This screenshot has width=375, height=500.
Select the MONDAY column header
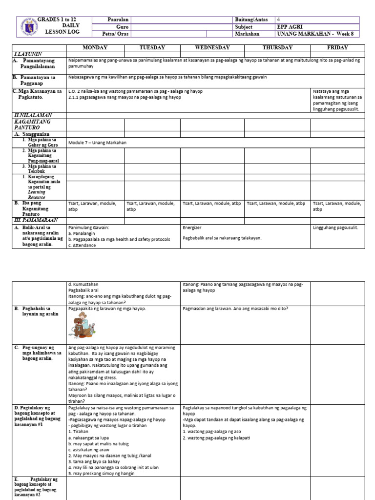point(95,47)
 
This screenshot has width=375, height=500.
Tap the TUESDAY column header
point(152,47)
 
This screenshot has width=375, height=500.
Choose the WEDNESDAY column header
point(212,47)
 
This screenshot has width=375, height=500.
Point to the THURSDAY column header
point(277,47)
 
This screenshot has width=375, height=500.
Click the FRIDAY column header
point(337,47)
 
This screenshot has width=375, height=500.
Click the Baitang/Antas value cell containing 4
point(279,20)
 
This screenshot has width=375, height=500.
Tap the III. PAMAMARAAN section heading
point(35,220)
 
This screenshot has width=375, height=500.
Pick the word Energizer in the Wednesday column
point(192,228)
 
